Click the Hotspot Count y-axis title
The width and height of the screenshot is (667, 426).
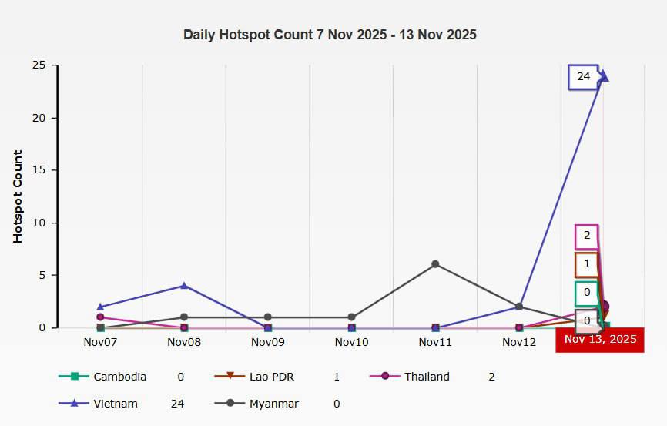18,196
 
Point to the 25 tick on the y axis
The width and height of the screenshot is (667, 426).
39,65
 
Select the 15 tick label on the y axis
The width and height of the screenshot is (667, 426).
39,170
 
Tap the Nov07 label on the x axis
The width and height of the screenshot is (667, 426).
100,342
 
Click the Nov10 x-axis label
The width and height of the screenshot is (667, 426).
351,342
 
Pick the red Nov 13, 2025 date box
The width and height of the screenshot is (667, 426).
600,340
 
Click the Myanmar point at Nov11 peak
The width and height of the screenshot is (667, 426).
435,264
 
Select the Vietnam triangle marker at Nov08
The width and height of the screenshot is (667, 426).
184,286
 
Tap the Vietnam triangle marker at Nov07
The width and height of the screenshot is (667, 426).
100,307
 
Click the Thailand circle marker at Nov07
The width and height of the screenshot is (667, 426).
100,317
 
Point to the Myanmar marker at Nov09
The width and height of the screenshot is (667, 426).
267,317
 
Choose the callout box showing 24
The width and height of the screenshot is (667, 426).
583,76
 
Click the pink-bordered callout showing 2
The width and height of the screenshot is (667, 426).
587,236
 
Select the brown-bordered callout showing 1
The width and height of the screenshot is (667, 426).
587,265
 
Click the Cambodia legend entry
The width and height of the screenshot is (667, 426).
102,377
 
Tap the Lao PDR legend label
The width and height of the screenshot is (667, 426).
272,377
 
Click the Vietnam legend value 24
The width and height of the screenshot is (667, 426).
177,404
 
